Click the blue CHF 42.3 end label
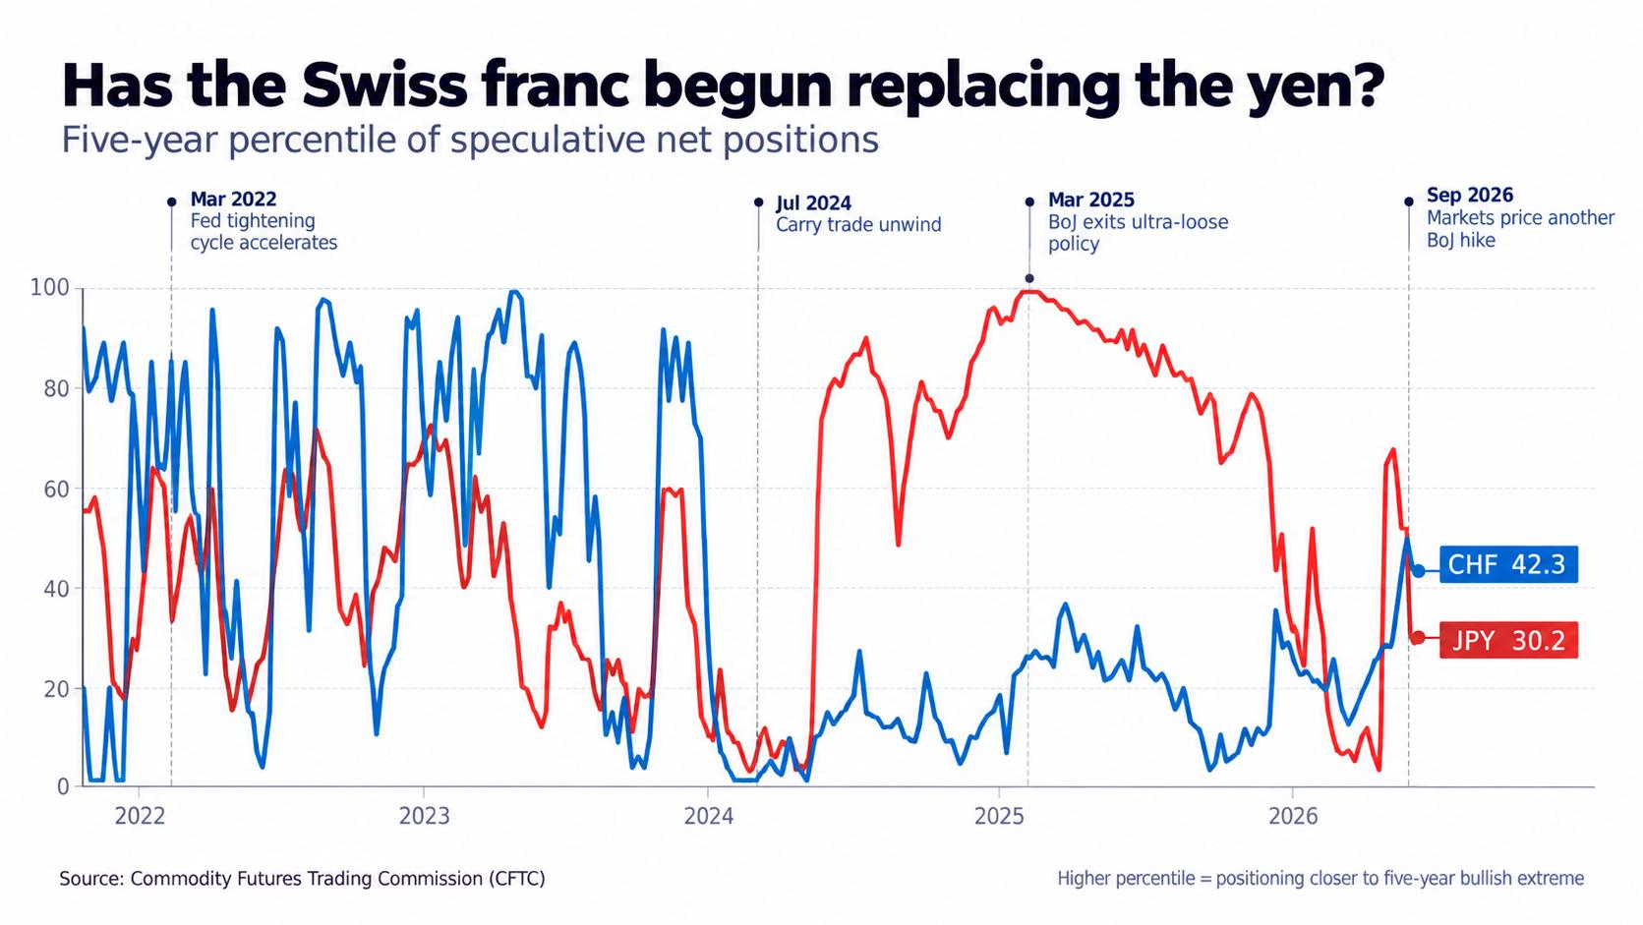coord(1508,565)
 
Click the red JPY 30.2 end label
coord(1508,640)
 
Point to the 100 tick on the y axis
coord(50,288)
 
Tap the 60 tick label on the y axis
coord(56,489)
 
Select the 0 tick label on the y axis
coord(63,787)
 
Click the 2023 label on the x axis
coord(424,817)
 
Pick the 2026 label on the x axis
coord(1293,817)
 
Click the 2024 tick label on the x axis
coord(709,817)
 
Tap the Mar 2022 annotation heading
coord(233,199)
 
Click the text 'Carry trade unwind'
coord(858,224)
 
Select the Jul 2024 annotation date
coord(813,202)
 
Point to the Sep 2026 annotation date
coord(1470,195)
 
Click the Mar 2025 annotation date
coord(1091,200)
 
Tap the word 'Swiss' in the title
coord(383,86)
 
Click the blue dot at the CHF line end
coord(1419,571)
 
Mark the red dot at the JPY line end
coord(1419,638)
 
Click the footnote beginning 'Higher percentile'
coord(1320,879)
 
